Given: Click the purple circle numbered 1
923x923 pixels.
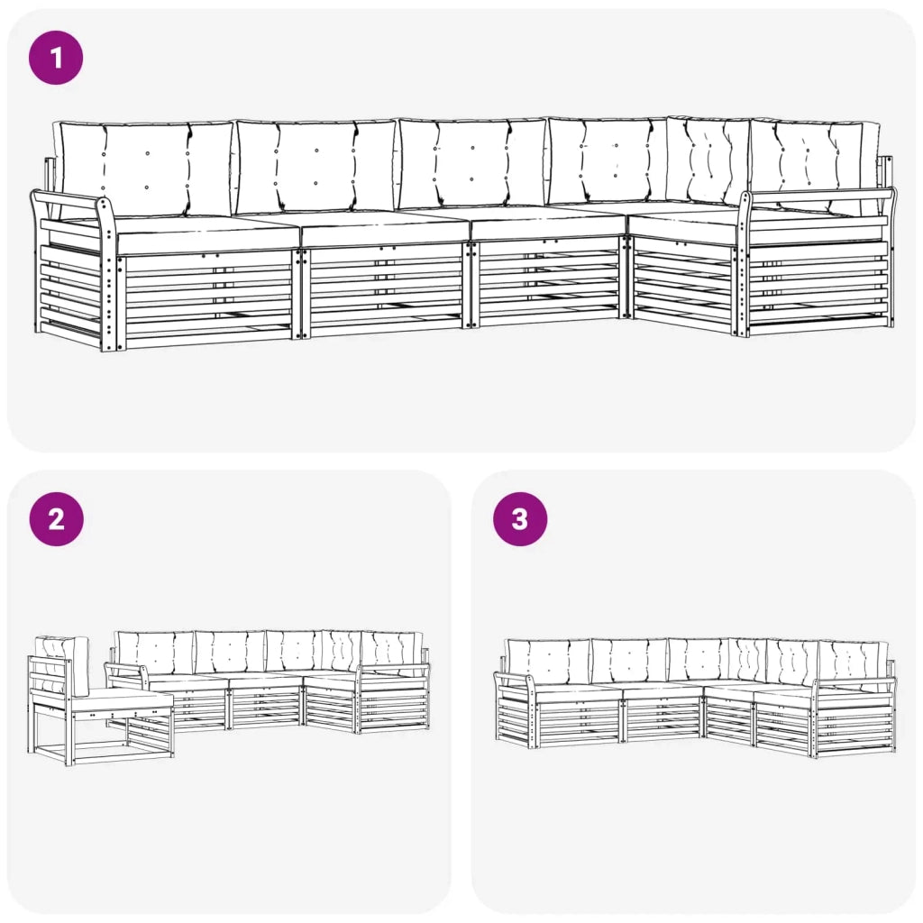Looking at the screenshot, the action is (56, 58).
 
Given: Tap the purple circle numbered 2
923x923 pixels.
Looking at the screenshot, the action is (57, 518).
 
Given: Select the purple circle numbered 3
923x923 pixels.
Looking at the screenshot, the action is (520, 518).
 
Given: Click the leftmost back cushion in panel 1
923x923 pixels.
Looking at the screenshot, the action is (144, 169).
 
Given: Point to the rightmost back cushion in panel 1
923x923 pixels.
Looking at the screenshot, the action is (815, 165).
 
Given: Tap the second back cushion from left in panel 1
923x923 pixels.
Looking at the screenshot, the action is (316, 167).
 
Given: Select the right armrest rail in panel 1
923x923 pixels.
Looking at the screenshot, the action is (821, 196).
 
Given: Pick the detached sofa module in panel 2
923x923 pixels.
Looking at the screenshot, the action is (100, 700).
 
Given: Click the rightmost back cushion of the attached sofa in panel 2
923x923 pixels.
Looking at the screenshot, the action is (391, 653).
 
